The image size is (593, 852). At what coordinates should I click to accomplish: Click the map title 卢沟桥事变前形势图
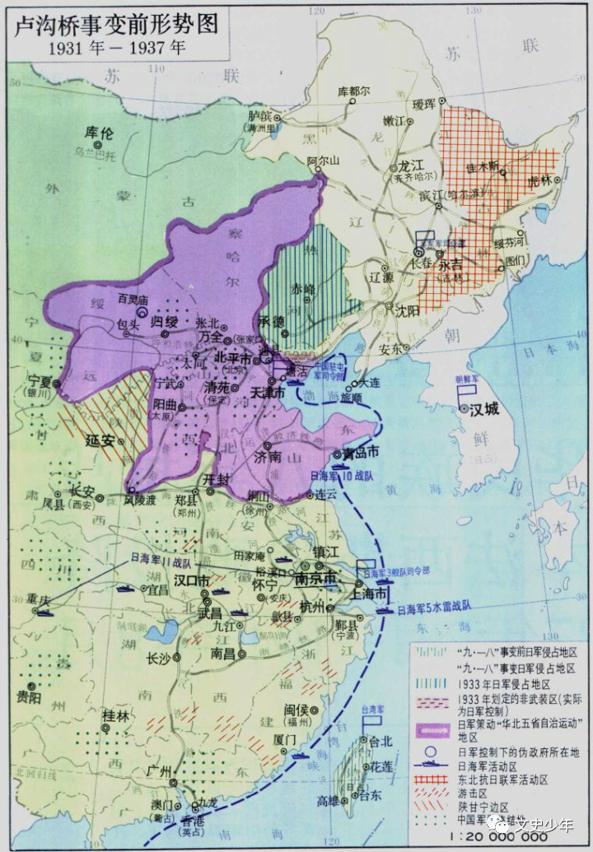(115, 22)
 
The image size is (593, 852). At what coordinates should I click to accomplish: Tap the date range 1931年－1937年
(116, 48)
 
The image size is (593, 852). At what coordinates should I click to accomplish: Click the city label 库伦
(97, 132)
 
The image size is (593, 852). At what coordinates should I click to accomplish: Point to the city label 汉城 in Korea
(486, 409)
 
